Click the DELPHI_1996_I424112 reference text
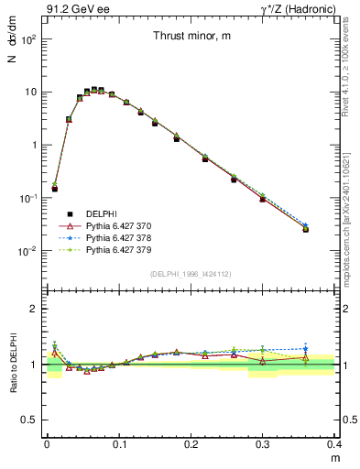191,273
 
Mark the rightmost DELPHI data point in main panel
306,229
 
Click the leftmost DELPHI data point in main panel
54,188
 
